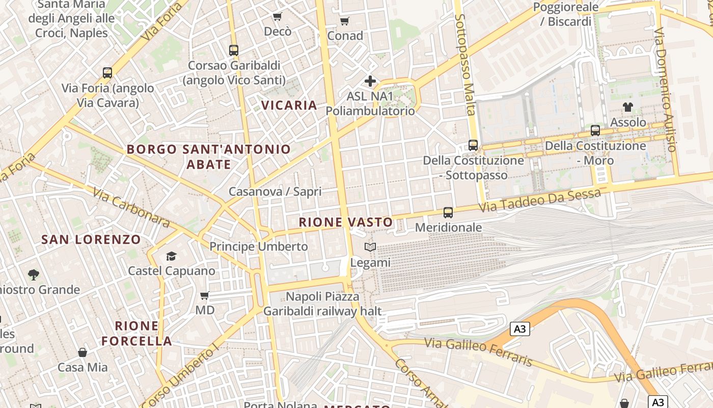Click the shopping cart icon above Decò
point(277,17)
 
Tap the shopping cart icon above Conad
point(345,21)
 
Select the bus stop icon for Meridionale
point(448,212)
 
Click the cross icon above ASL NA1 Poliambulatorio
point(370,81)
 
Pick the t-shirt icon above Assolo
point(628,107)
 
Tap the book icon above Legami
point(370,247)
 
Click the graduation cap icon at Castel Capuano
point(171,256)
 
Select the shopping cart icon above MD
point(205,295)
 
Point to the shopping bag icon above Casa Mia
point(83,352)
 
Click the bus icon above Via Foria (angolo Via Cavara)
point(107,73)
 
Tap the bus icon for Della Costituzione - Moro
point(595,131)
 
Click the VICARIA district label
point(289,106)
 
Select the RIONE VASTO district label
point(346,222)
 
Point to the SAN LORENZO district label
point(91,240)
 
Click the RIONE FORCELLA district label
point(136,334)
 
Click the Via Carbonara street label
point(131,207)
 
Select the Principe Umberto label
point(259,246)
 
